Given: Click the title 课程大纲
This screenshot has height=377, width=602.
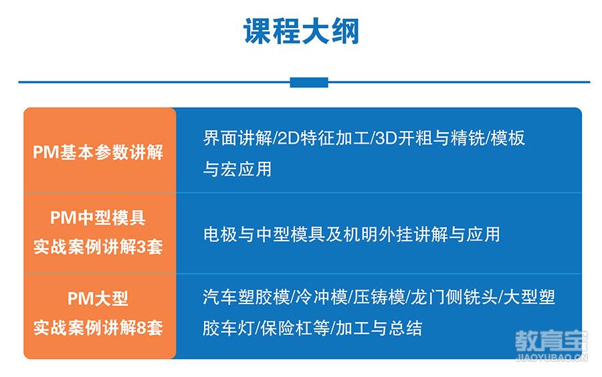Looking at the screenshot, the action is coord(301,31).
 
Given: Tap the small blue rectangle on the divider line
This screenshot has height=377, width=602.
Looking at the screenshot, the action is coord(308,82).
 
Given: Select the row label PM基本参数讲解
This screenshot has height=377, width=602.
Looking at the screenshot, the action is coord(98,152).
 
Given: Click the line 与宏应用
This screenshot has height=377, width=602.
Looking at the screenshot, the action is coord(237,168).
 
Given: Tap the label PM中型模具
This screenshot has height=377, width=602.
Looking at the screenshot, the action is coord(98,218).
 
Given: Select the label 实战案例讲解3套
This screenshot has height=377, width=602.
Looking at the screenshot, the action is coord(98,247).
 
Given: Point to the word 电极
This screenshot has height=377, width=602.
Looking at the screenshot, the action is coord(220,235).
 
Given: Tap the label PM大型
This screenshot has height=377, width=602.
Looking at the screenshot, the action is coord(98,298).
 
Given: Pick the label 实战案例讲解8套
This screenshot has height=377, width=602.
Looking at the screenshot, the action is coord(98,328).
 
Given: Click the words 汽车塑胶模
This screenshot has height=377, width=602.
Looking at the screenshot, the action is coord(246,297).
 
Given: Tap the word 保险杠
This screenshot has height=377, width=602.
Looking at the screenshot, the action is coord(295,328).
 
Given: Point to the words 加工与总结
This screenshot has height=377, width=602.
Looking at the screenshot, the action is coord(379,328).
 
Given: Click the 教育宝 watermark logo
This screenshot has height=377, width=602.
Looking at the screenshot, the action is coord(551,345).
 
